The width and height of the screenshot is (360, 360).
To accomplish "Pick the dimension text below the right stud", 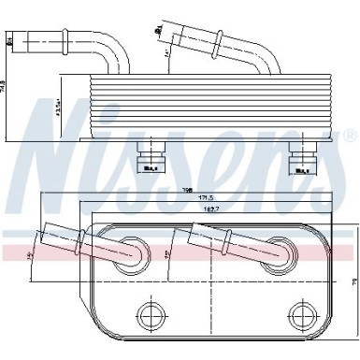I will [301, 171].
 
